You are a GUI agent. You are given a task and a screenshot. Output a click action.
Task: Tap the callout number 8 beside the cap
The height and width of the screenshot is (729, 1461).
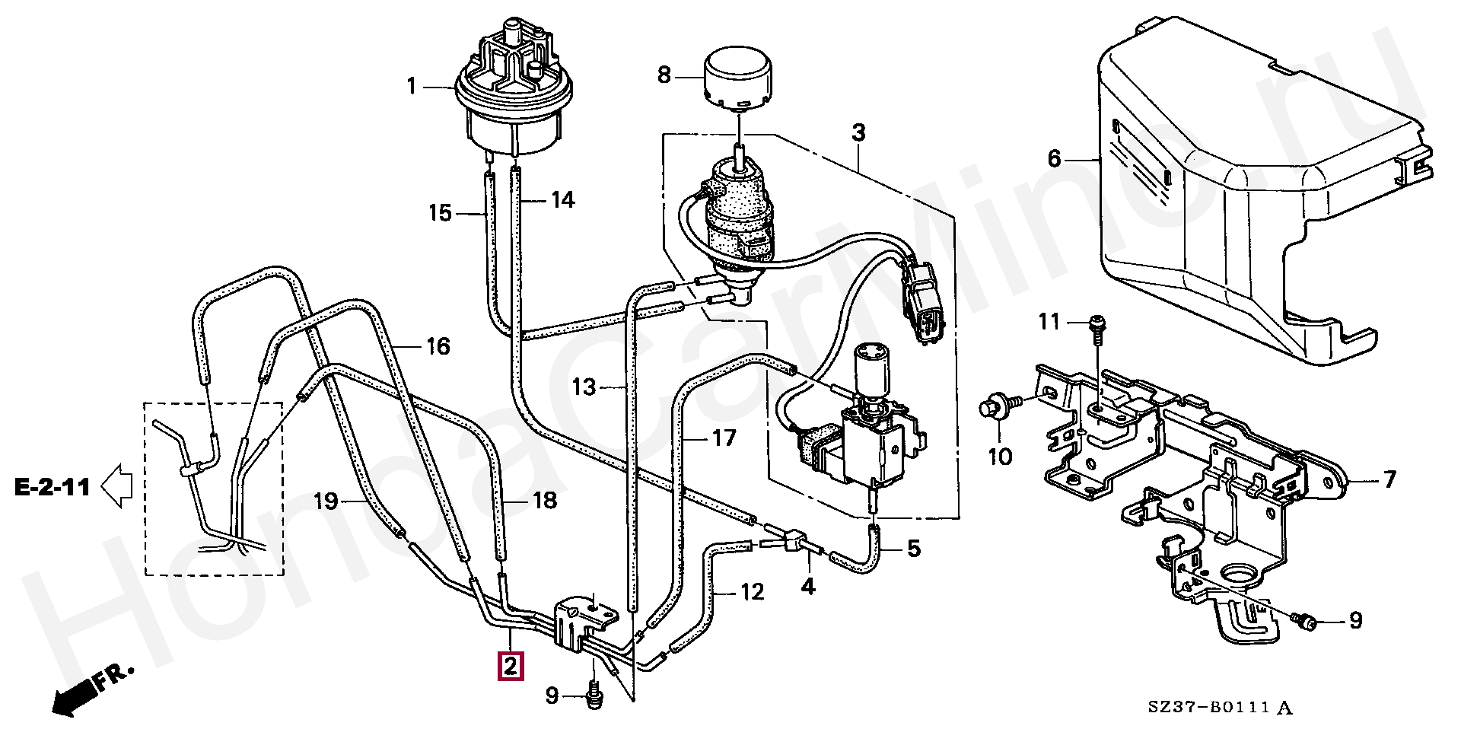click(x=664, y=75)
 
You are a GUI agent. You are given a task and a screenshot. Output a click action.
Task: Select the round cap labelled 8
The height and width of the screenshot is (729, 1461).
click(x=737, y=75)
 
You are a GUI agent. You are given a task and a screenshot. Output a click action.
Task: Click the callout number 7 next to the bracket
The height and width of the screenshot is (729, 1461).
click(x=1389, y=479)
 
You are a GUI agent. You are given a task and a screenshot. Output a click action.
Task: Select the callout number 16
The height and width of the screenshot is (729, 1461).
click(x=438, y=347)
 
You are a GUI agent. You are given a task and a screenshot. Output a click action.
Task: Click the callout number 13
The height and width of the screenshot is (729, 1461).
click(x=584, y=387)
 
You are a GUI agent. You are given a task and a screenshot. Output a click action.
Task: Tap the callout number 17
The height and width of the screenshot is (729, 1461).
click(x=724, y=438)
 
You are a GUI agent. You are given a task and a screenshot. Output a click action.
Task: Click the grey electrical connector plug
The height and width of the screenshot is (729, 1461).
click(x=922, y=302)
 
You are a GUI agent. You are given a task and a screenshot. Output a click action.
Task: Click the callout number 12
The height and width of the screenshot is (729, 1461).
click(x=753, y=591)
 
